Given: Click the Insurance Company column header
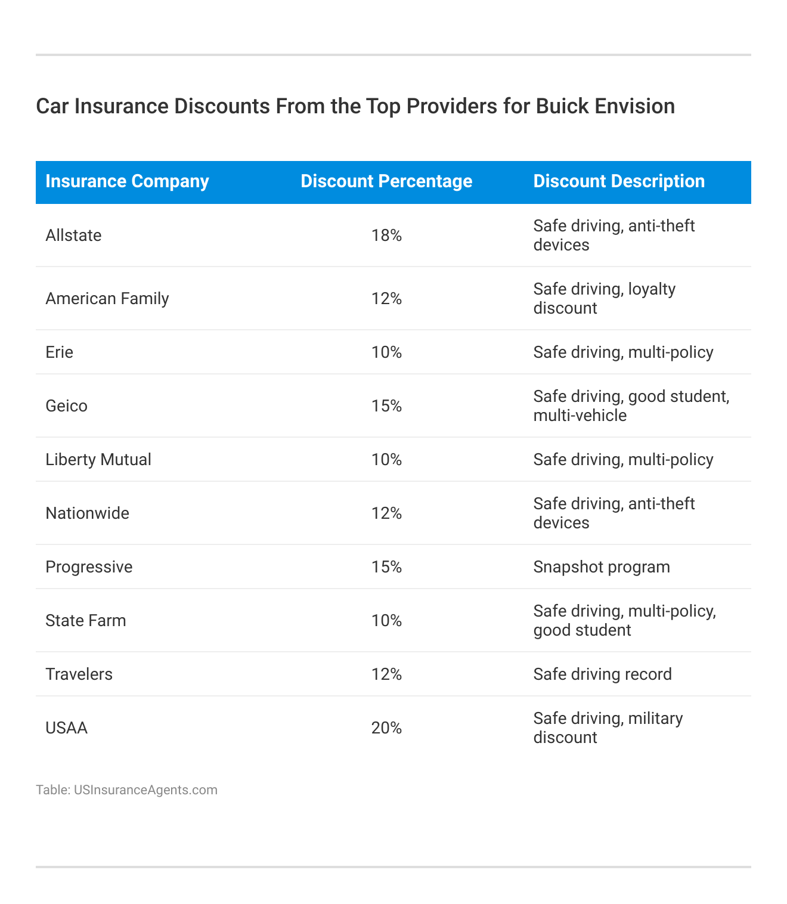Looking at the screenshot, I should pyautogui.click(x=127, y=181).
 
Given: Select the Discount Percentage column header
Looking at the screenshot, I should pyautogui.click(x=386, y=181).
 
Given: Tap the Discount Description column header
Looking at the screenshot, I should pyautogui.click(x=619, y=181).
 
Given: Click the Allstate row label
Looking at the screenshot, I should pyautogui.click(x=73, y=236).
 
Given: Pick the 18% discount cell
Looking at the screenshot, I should pyautogui.click(x=386, y=236).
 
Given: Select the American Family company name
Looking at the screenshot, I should pyautogui.click(x=107, y=299).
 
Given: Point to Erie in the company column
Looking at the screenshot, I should pyautogui.click(x=60, y=352).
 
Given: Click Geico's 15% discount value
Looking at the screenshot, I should pyautogui.click(x=386, y=406).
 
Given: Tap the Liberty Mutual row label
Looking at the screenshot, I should pyautogui.click(x=98, y=460).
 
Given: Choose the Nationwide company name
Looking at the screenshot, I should pyautogui.click(x=87, y=513).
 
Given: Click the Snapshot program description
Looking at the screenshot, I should pyautogui.click(x=602, y=567).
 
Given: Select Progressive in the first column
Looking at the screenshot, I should pyautogui.click(x=89, y=567).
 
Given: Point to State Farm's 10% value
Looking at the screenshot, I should pyautogui.click(x=386, y=621).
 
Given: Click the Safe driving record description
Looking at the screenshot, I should pyautogui.click(x=602, y=674).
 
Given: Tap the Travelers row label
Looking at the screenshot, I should pyautogui.click(x=79, y=674).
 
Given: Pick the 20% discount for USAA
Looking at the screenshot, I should pyautogui.click(x=386, y=728).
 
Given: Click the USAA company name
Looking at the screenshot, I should pyautogui.click(x=66, y=728).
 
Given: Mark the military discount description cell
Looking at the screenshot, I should pyautogui.click(x=608, y=728).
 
